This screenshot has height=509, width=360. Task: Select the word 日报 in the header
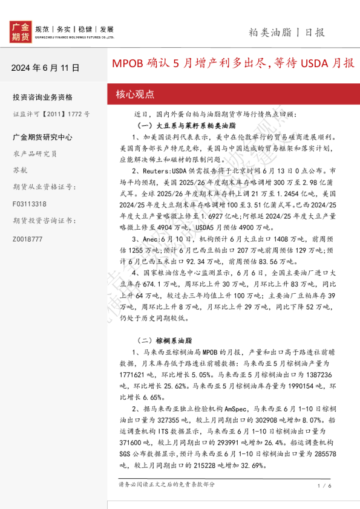click(315, 32)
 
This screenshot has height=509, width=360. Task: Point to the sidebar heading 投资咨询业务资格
click(42, 97)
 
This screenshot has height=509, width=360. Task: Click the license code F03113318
click(29, 204)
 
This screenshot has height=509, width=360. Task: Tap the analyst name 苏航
click(20, 170)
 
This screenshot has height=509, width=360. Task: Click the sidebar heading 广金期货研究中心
click(42, 137)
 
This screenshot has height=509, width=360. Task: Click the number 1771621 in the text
click(135, 374)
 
